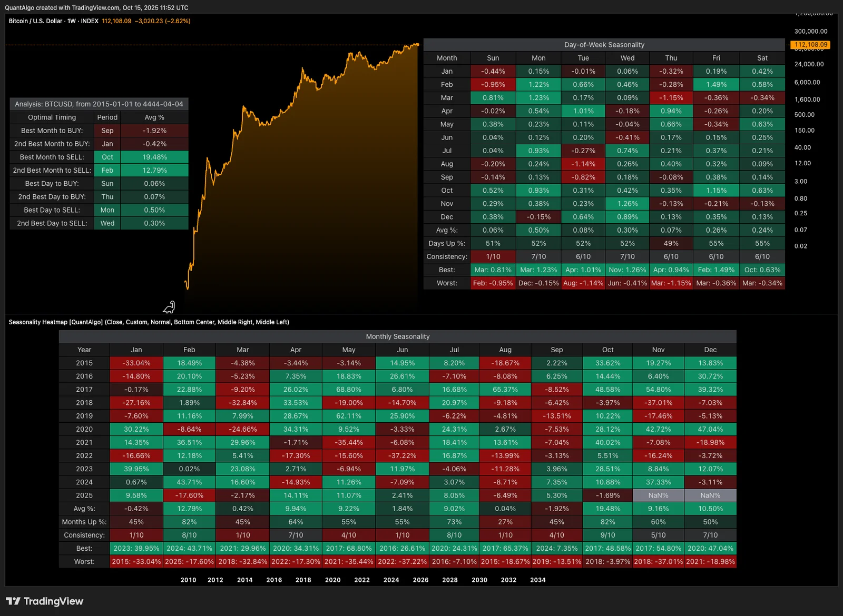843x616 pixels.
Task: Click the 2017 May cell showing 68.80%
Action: tap(348, 390)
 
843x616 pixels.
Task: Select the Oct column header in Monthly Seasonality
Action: tap(607, 350)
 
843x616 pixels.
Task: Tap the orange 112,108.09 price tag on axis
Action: tap(811, 45)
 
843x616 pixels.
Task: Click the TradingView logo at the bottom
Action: tap(45, 601)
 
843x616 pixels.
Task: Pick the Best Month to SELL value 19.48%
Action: tap(154, 157)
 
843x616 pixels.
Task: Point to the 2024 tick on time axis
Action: tap(391, 580)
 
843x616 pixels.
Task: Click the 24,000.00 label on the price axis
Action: tap(809, 64)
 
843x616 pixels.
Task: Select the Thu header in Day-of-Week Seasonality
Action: tap(671, 58)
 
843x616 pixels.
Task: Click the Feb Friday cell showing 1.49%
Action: tap(716, 84)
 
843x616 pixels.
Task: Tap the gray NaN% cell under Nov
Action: tap(658, 495)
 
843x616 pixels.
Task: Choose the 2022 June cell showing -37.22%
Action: tap(402, 455)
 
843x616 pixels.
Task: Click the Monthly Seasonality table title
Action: tap(398, 336)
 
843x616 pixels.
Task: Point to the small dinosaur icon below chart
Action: tap(169, 307)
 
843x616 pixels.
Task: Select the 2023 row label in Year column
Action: tap(84, 469)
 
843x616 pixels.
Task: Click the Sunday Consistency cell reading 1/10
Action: tap(493, 256)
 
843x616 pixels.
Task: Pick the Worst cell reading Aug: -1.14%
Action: tap(583, 283)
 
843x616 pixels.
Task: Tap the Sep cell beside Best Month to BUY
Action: tap(107, 131)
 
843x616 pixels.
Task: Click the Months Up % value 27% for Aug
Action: tap(505, 522)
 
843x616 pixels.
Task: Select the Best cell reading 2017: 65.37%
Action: tap(505, 548)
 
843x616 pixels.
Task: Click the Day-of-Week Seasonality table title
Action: tap(604, 45)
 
